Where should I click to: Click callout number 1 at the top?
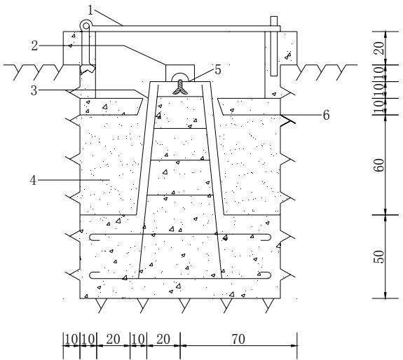tap(90, 11)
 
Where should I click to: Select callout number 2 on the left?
tap(35, 46)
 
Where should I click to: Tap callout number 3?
tap(34, 90)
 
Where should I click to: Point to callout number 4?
tap(34, 180)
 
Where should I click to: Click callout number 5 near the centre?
tap(218, 70)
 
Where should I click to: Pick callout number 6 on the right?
tap(326, 115)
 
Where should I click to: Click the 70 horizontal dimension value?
tap(238, 339)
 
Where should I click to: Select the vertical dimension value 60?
tap(379, 165)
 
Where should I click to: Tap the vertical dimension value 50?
tap(379, 257)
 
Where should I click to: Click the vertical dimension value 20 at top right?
tap(379, 48)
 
